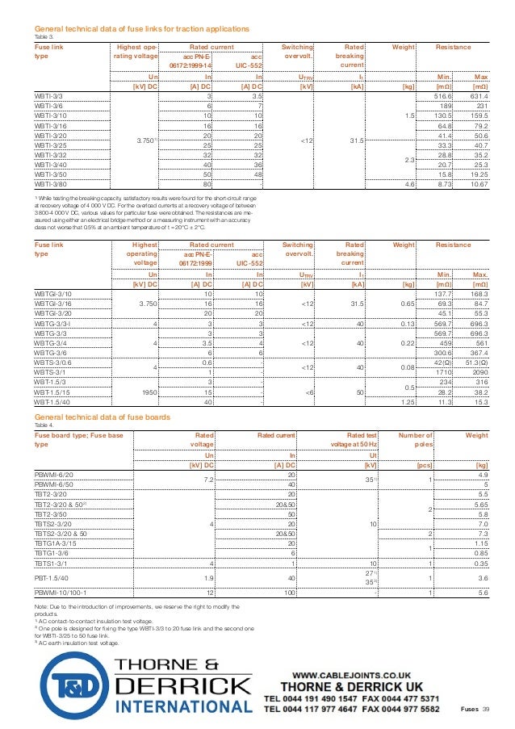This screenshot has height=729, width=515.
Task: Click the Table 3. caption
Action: [43, 37]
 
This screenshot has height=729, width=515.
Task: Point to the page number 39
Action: [486, 709]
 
